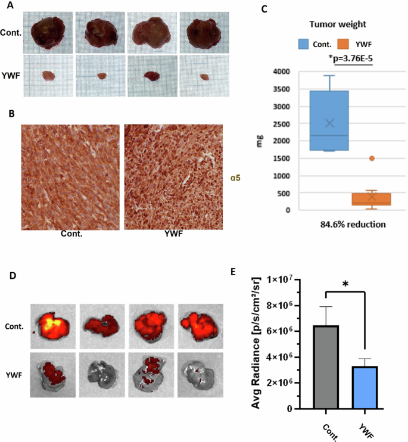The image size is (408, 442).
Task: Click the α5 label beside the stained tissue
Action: coord(235,177)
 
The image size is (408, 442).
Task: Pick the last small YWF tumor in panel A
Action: coord(204,77)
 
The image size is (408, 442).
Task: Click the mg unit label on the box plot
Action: coord(260,142)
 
